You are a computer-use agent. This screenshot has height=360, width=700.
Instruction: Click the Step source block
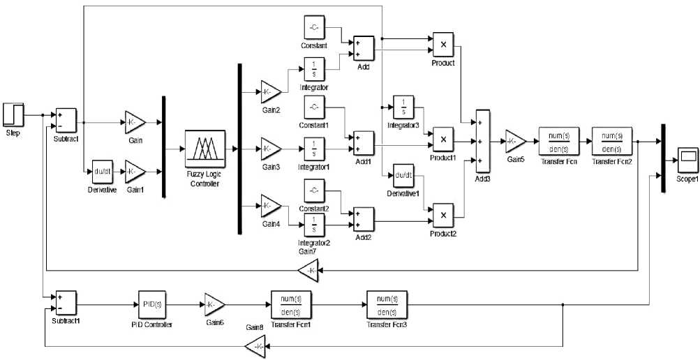point(14,114)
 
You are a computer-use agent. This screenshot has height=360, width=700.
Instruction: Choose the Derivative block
point(103,170)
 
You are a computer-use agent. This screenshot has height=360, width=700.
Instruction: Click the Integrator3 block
point(403,107)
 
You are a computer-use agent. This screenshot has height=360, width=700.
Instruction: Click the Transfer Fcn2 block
point(612,140)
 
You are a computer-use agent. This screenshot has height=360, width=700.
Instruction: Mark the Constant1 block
point(314,107)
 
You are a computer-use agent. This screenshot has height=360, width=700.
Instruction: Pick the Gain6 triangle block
point(214,303)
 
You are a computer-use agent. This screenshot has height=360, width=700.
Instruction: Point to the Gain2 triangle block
point(270,91)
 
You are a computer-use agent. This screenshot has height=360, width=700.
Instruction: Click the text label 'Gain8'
point(255,327)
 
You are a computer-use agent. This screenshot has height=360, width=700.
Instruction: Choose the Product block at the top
point(442,45)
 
